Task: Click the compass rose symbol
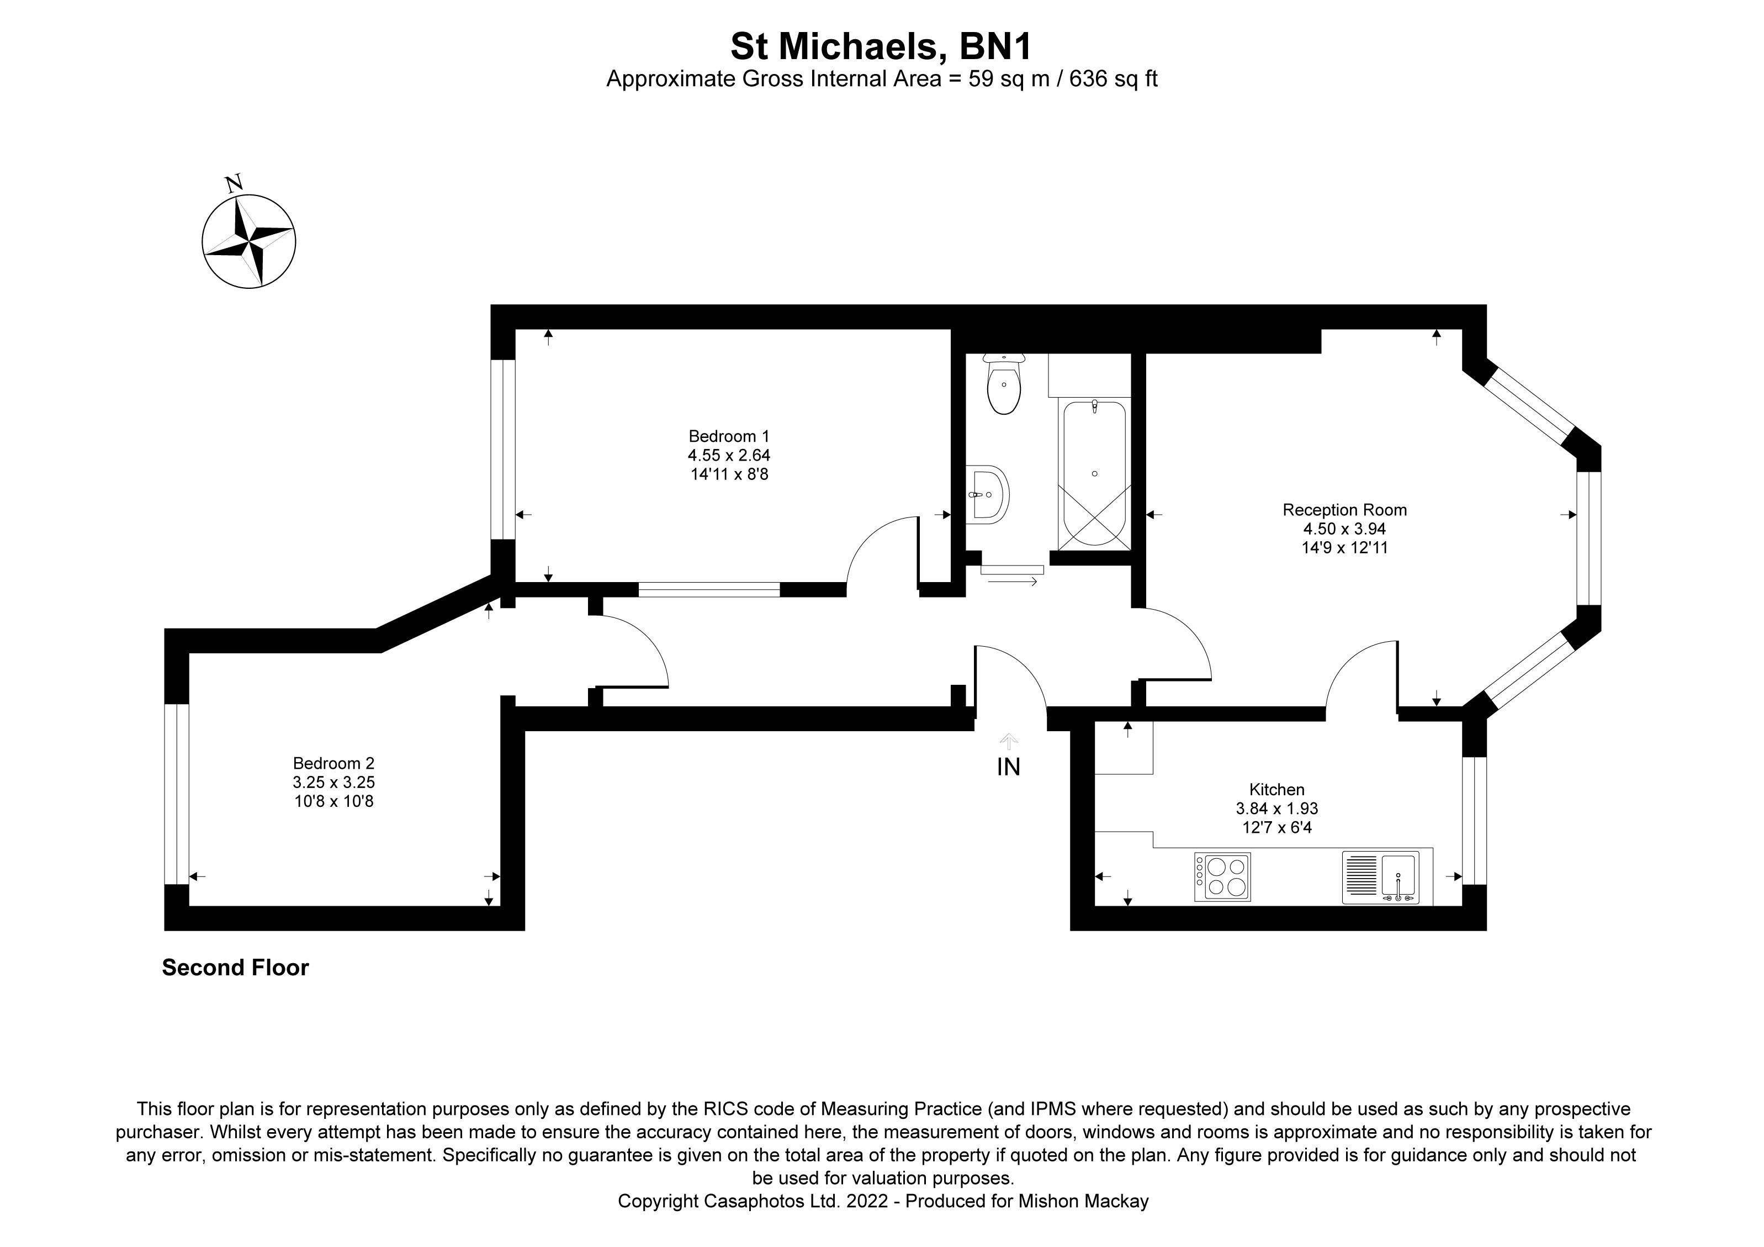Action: pyautogui.click(x=248, y=242)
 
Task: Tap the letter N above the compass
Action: pyautogui.click(x=234, y=184)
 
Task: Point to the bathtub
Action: pyautogui.click(x=1094, y=473)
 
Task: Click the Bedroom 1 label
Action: pyautogui.click(x=728, y=436)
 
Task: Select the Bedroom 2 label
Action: pyautogui.click(x=333, y=763)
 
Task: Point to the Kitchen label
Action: pyautogui.click(x=1277, y=789)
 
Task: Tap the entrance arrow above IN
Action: pyautogui.click(x=1008, y=741)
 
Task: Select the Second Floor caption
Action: pyautogui.click(x=235, y=968)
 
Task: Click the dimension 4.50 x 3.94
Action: pyautogui.click(x=1344, y=529)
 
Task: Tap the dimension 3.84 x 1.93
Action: pyautogui.click(x=1277, y=809)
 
